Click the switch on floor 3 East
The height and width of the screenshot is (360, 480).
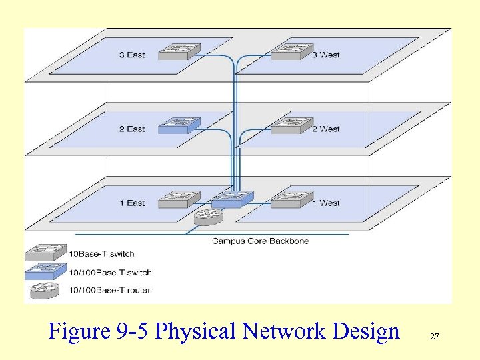179,51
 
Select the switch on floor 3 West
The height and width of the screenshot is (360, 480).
291,51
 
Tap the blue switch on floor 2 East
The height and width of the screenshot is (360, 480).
179,125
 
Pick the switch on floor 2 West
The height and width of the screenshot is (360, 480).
291,125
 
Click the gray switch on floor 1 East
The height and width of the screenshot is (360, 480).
179,199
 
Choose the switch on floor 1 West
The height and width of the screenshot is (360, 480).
291,199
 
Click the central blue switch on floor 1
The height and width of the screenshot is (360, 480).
233,199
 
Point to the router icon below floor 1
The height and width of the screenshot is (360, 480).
208,216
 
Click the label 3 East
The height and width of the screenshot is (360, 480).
132,55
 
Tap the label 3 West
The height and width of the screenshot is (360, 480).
326,55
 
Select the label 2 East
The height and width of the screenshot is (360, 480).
132,129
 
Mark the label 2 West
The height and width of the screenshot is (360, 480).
326,129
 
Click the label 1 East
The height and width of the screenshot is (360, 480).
132,203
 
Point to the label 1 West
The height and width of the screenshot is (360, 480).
326,203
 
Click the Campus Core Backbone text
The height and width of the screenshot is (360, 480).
260,241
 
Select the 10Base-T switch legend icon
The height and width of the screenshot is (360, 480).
45,253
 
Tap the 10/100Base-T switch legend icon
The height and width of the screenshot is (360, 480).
45,271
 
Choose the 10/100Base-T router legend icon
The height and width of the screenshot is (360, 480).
45,289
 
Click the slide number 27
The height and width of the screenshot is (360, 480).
435,337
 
